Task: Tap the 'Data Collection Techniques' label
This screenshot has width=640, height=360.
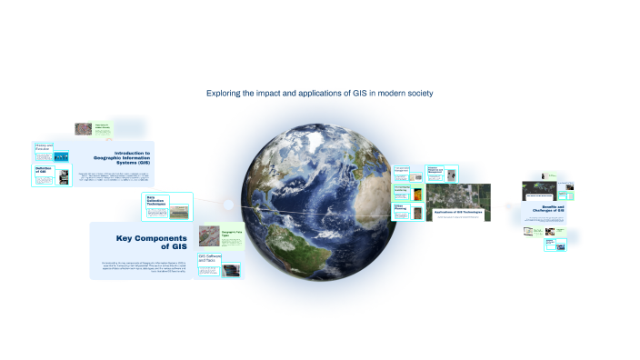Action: tap(157, 202)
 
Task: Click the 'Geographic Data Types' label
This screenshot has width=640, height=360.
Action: tap(231, 234)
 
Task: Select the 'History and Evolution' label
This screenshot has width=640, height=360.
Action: tap(45, 147)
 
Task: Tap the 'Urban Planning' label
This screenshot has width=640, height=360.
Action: tap(399, 207)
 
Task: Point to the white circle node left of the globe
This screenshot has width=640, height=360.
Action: tap(226, 204)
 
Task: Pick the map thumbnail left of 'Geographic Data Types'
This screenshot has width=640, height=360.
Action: tap(209, 236)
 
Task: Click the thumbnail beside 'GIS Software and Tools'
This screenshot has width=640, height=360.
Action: tap(231, 270)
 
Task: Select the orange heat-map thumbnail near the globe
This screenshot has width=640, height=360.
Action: tap(415, 194)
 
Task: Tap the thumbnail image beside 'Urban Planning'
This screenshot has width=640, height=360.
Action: tap(416, 215)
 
